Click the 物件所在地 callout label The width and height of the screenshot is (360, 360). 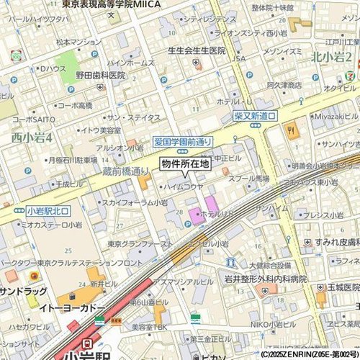[185, 164]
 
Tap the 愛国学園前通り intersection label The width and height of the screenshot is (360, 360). [183, 142]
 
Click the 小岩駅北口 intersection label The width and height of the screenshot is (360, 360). [47, 211]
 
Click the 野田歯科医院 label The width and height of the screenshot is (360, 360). [101, 75]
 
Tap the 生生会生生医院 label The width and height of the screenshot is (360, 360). [196, 51]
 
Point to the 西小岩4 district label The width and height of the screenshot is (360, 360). [32, 138]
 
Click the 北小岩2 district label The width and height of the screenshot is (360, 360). [332, 56]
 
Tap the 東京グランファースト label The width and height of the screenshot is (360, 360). [140, 244]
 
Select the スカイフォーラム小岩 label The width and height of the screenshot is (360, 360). [130, 203]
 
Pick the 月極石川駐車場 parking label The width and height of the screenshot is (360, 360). [72, 160]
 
